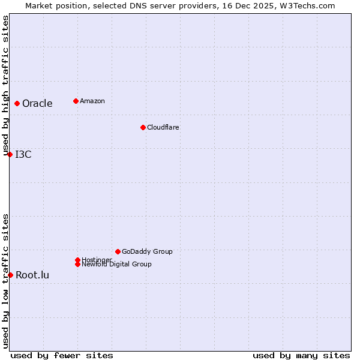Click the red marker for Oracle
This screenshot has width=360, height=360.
click(x=17, y=103)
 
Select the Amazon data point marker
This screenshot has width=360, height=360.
click(x=76, y=101)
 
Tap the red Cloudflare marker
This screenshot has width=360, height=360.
click(x=143, y=127)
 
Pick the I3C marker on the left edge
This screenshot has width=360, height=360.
click(x=10, y=154)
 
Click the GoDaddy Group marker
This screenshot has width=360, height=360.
click(x=118, y=251)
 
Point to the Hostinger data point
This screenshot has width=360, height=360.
click(x=77, y=260)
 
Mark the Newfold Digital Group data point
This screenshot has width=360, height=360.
click(x=77, y=264)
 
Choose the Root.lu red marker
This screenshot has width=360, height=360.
click(x=10, y=275)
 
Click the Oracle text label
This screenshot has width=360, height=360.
click(x=37, y=103)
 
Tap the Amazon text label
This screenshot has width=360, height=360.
click(x=92, y=101)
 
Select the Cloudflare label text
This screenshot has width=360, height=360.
click(x=163, y=127)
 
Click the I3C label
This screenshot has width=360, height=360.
click(x=23, y=154)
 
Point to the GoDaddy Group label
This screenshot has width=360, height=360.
click(x=147, y=251)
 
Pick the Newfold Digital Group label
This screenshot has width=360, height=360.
click(x=116, y=264)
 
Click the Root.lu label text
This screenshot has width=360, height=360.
click(x=32, y=275)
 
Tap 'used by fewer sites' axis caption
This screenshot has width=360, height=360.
click(x=62, y=355)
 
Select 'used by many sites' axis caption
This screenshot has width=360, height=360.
click(x=301, y=355)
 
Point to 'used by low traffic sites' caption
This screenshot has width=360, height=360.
click(x=5, y=281)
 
